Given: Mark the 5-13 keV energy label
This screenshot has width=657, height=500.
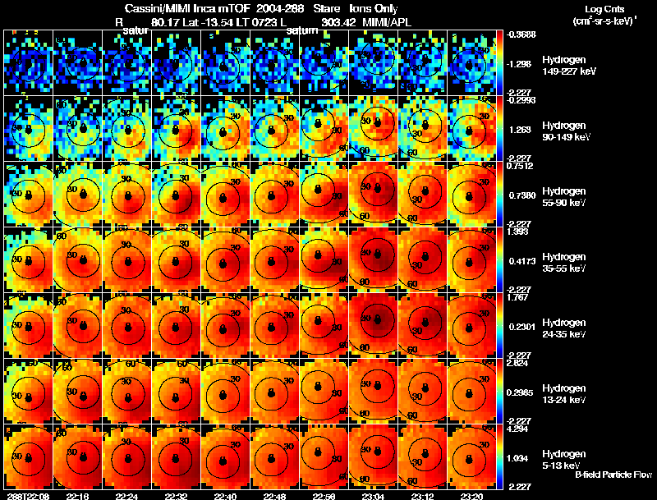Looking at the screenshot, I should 562,465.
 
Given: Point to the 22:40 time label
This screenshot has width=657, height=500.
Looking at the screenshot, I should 225,496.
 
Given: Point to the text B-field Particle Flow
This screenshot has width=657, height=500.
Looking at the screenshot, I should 613,475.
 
